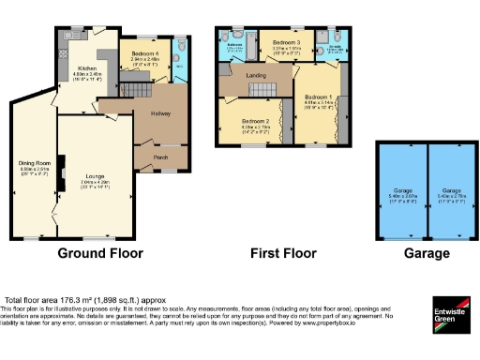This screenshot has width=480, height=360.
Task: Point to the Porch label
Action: pyautogui.click(x=160, y=157)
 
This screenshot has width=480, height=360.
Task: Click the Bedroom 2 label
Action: pyautogui.click(x=255, y=122)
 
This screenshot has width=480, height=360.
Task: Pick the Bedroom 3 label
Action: pyautogui.click(x=287, y=43)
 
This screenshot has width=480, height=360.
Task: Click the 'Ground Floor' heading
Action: pyautogui.click(x=100, y=253)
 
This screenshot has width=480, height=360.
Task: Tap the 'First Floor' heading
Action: pyautogui.click(x=281, y=253)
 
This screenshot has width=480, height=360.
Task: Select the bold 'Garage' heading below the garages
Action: pyautogui.click(x=427, y=253)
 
